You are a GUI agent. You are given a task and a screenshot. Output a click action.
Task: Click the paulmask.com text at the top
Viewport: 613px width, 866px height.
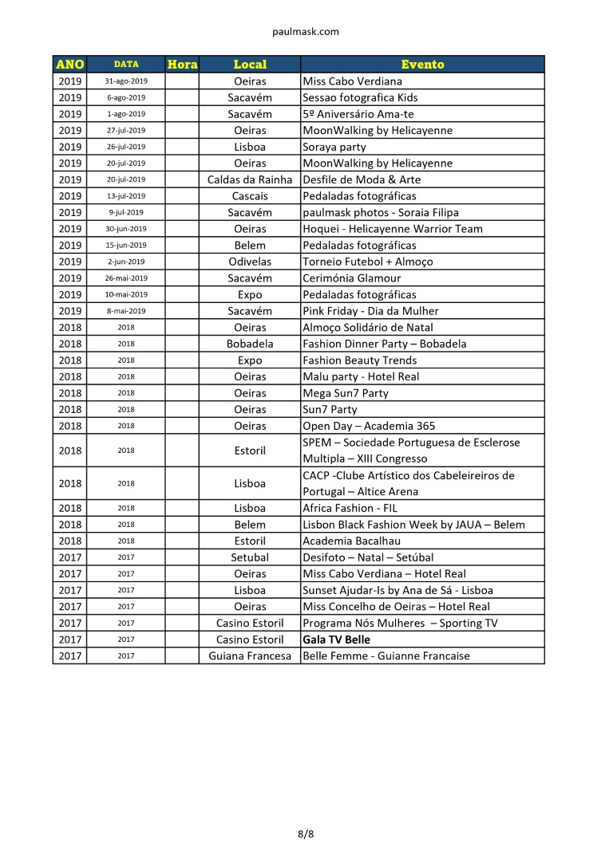pos(306,32)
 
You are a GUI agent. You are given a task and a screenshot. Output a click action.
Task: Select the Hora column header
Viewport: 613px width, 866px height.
pos(182,65)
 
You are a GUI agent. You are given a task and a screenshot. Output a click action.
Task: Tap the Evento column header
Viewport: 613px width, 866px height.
pos(422,65)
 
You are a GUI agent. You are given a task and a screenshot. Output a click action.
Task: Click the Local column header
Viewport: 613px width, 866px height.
pos(250,65)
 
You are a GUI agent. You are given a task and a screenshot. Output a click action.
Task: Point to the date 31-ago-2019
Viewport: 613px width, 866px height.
pos(126,81)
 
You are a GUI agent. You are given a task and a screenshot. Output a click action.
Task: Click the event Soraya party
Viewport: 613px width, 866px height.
pos(334,147)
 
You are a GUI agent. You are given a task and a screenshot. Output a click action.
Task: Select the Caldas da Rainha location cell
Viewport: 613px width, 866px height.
pos(250,179)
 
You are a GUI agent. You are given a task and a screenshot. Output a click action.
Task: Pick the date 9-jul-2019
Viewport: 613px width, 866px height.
pos(126,212)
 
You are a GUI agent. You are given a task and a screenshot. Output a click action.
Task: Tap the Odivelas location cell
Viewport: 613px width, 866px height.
pos(250,262)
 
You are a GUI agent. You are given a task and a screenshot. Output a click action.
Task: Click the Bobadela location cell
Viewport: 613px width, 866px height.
pos(250,344)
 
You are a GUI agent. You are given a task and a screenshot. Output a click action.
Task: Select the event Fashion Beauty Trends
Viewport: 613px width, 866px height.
pos(360,360)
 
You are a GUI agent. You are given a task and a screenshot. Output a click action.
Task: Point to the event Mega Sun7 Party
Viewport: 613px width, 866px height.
pos(346,393)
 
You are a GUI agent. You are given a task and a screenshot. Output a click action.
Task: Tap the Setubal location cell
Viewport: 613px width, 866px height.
pos(250,557)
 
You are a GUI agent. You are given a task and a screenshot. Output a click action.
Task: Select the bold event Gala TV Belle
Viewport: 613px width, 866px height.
pos(336,640)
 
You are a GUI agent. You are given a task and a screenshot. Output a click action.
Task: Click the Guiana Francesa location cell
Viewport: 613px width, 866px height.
pos(250,656)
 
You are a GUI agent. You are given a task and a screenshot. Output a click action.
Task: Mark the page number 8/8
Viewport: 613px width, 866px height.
pos(306,835)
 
